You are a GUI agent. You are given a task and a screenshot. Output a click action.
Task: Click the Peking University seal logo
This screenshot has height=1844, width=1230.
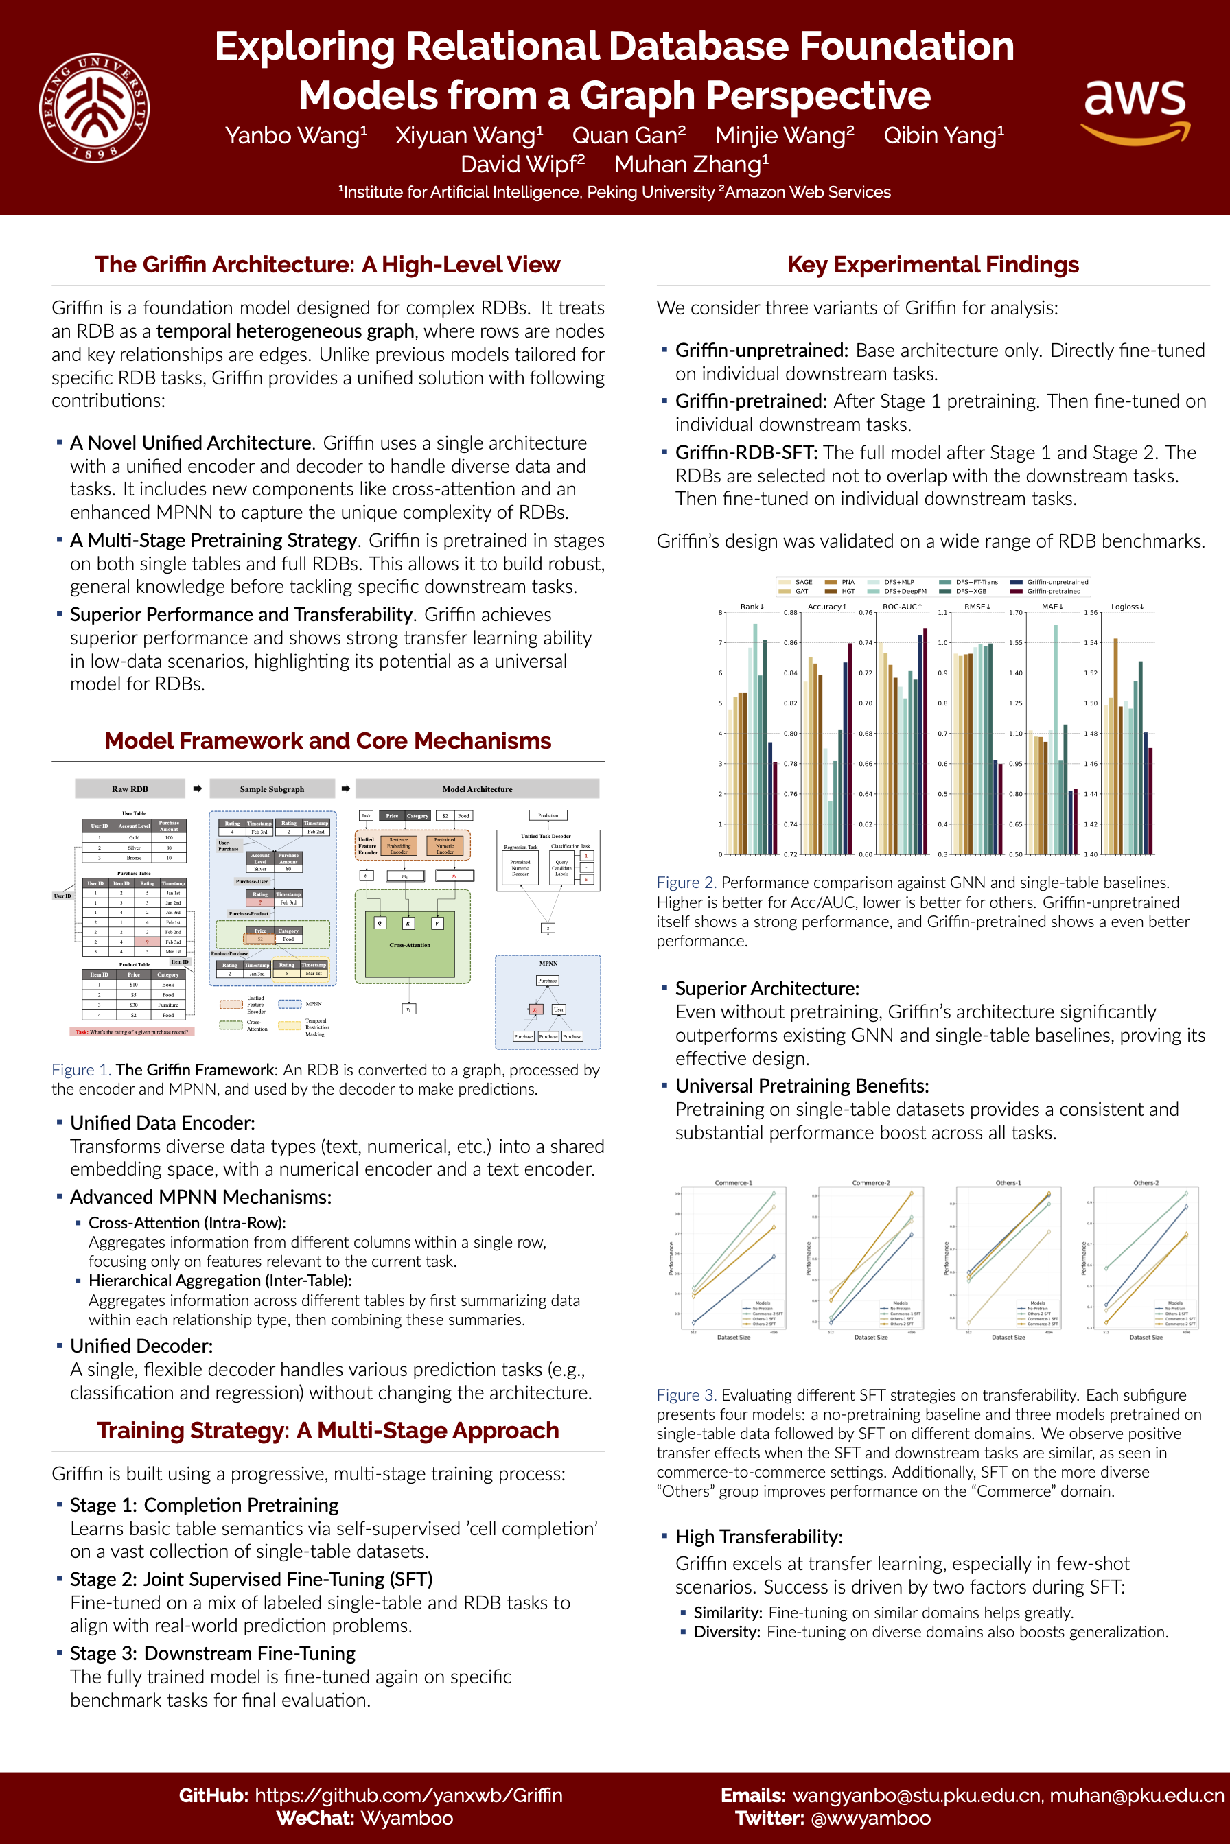[94, 108]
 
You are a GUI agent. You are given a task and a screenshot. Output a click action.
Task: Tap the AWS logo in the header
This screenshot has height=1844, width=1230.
[1135, 110]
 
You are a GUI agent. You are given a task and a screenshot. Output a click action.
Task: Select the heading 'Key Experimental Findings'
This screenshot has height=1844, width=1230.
[933, 265]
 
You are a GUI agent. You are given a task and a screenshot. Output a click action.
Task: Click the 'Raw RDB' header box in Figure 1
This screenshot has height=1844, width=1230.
[130, 789]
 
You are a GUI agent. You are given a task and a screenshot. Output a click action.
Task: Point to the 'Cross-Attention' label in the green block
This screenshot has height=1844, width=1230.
[410, 945]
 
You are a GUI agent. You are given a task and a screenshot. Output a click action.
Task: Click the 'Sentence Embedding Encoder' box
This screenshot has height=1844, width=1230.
[399, 845]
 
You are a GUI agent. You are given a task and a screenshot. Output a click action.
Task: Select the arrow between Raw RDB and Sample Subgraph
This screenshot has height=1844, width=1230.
[197, 789]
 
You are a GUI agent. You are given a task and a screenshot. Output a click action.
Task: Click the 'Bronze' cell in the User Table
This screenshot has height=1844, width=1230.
[134, 857]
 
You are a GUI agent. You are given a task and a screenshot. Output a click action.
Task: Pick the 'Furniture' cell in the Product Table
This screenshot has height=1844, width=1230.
[168, 1005]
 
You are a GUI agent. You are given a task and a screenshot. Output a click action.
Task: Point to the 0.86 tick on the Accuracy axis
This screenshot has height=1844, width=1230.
[790, 642]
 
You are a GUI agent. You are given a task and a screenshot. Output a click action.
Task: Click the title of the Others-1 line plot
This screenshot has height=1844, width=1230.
[1008, 1183]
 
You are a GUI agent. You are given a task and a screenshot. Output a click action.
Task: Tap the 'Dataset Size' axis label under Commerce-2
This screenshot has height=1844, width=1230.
[871, 1338]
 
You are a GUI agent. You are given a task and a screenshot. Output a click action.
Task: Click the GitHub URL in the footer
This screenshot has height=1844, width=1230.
[408, 1795]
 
